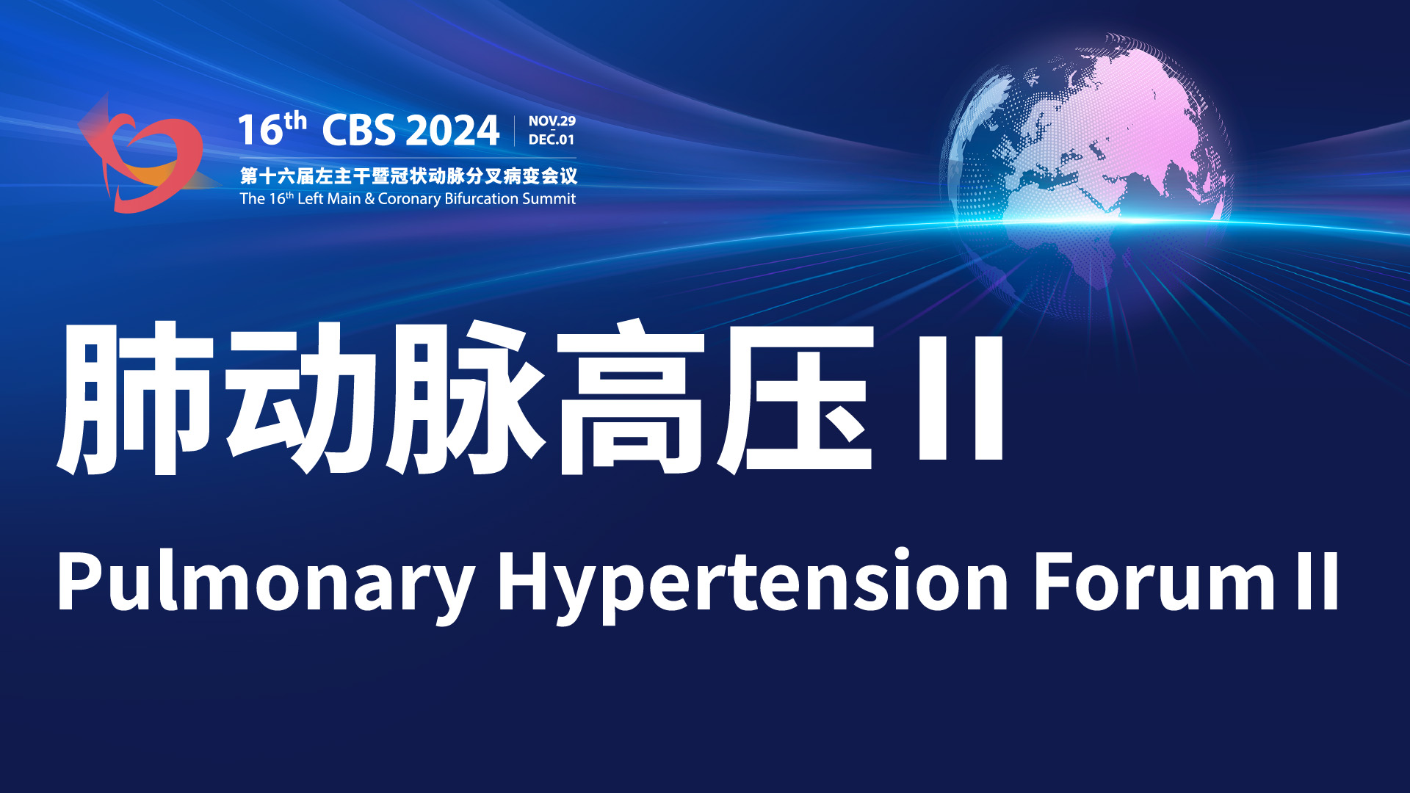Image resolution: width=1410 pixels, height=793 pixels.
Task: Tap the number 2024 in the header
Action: click(452, 131)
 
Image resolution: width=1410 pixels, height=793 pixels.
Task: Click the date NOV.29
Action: click(552, 121)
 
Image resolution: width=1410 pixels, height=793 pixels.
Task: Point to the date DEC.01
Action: click(552, 140)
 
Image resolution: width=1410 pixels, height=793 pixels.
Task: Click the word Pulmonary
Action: click(266, 583)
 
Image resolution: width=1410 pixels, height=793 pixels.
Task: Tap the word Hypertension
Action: click(753, 583)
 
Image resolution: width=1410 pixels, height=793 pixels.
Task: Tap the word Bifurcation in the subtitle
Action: click(481, 198)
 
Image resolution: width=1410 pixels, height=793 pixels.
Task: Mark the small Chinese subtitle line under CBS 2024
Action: click(408, 176)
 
